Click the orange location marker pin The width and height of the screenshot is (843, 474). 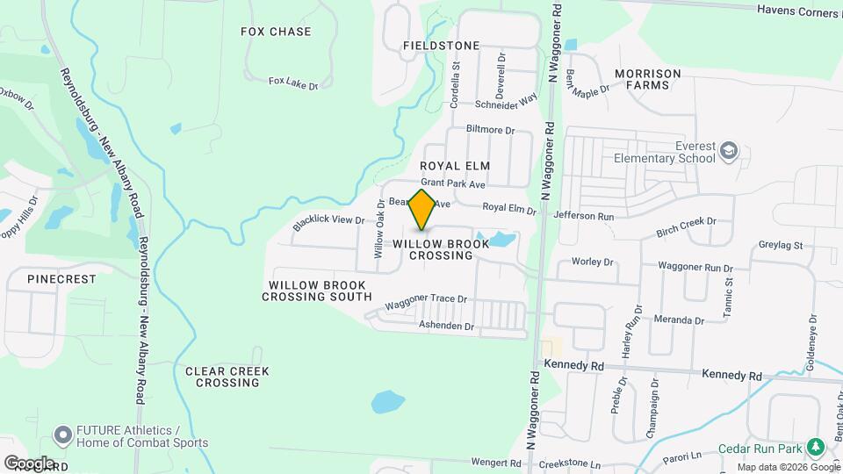click(x=421, y=209)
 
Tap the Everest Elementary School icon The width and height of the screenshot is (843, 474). click(x=729, y=153)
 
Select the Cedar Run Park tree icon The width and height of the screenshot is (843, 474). click(x=817, y=447)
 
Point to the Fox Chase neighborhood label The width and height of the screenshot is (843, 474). click(x=276, y=32)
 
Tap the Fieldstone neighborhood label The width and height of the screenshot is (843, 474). click(x=441, y=45)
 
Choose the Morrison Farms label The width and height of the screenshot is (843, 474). click(x=654, y=79)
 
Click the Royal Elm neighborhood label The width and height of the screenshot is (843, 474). click(x=454, y=165)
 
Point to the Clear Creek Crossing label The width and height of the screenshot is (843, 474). click(x=227, y=377)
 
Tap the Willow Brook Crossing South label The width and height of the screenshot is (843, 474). click(x=320, y=291)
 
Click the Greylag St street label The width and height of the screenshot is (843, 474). click(x=781, y=247)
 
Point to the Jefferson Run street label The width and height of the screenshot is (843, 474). click(x=593, y=216)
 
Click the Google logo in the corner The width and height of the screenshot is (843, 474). click(x=28, y=463)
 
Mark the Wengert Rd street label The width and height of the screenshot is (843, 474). click(x=496, y=462)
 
